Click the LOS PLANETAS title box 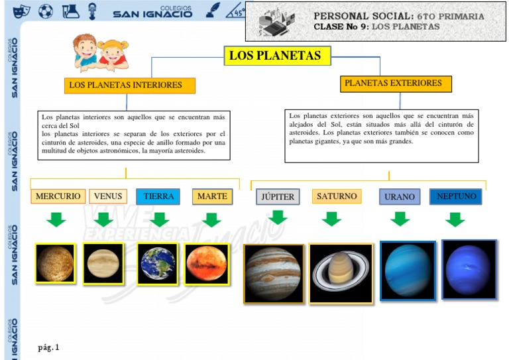click(x=275, y=56)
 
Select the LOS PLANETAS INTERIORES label click(x=131, y=86)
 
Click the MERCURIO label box click(x=58, y=196)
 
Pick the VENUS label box click(x=108, y=196)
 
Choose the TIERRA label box click(x=158, y=196)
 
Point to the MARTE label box click(x=212, y=196)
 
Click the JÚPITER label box click(x=278, y=197)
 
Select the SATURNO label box click(x=337, y=196)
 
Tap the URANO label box click(x=400, y=197)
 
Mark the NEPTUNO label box click(x=456, y=196)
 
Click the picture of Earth click(x=158, y=263)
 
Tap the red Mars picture click(x=207, y=263)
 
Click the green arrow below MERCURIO click(x=57, y=219)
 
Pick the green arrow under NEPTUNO click(x=455, y=219)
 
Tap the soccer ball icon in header click(x=45, y=11)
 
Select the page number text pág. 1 click(x=49, y=347)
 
